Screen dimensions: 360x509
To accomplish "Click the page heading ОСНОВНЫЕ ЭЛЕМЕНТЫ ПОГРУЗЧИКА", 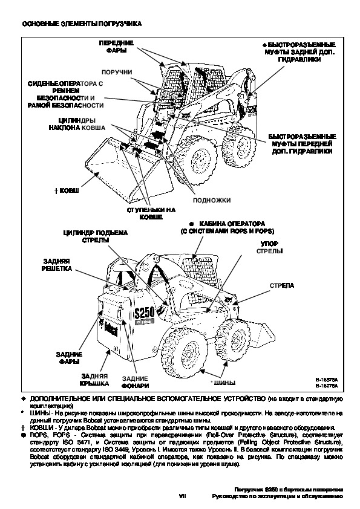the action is (x=82, y=24).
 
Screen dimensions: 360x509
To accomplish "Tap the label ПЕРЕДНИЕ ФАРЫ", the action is (x=116, y=47).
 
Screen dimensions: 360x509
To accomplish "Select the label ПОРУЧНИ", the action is (x=117, y=72).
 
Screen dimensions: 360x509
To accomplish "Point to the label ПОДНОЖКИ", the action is (x=212, y=200).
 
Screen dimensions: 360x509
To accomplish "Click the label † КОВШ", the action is (x=67, y=190).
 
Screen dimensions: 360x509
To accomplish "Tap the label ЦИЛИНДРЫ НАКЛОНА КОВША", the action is (x=77, y=125).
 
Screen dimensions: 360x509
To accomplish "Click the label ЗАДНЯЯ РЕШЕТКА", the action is (x=56, y=265).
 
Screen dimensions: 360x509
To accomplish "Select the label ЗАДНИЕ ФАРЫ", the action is (x=69, y=358).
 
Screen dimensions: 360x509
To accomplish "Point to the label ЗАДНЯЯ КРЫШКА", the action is (x=94, y=380).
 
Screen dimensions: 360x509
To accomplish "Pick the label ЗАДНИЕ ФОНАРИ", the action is (x=135, y=382).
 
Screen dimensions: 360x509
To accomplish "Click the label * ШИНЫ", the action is (x=223, y=383).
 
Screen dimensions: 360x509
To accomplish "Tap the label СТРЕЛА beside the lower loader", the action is (x=282, y=285).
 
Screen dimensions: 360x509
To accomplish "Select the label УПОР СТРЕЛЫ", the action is (x=269, y=247).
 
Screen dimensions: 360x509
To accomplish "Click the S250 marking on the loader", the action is (x=144, y=313).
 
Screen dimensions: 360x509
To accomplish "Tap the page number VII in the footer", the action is (x=183, y=496).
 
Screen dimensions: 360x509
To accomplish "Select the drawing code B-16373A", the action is (x=327, y=380).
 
